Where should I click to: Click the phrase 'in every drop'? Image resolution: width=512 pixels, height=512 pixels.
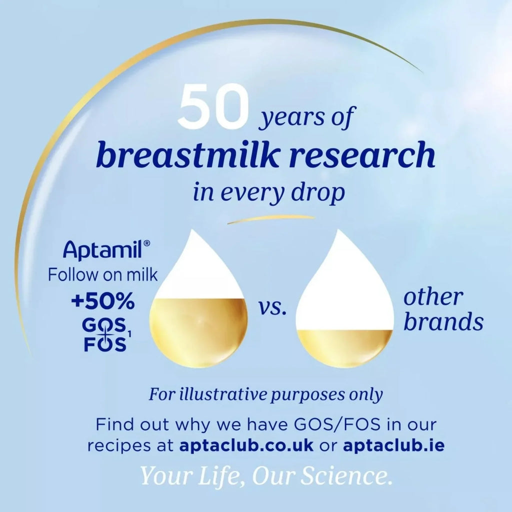(x=268, y=193)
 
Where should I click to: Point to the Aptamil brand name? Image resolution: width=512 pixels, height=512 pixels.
(x=104, y=248)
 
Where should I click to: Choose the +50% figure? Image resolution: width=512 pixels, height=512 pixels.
(x=102, y=302)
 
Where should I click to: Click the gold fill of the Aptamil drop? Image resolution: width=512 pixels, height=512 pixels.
(x=198, y=332)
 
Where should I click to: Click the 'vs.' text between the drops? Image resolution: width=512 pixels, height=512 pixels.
(x=273, y=308)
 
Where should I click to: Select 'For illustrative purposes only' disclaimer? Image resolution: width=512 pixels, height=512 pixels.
(x=265, y=394)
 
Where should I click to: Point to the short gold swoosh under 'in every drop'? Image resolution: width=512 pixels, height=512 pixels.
(x=271, y=218)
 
